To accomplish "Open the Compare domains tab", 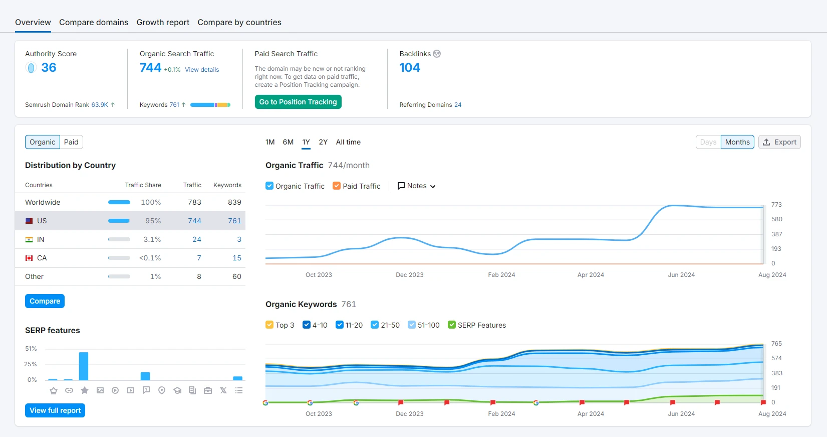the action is click(94, 22).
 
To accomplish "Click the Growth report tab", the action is click(163, 22).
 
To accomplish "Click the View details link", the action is click(202, 70).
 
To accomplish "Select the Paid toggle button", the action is click(71, 142).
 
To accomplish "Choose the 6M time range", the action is click(288, 142).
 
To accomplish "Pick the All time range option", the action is click(348, 142).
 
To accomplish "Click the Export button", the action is click(779, 142).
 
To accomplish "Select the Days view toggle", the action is click(708, 142).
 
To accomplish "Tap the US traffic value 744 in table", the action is click(194, 221).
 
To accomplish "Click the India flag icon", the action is click(29, 240).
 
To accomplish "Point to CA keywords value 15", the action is click(237, 258).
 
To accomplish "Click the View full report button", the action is click(55, 410).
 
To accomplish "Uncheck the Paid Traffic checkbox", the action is click(336, 186).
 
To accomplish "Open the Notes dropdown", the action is click(416, 186).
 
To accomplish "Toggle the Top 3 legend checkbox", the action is click(269, 325).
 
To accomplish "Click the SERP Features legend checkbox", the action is click(451, 325).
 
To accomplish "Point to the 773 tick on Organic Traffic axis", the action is click(776, 204).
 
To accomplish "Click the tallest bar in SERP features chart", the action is click(84, 366).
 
